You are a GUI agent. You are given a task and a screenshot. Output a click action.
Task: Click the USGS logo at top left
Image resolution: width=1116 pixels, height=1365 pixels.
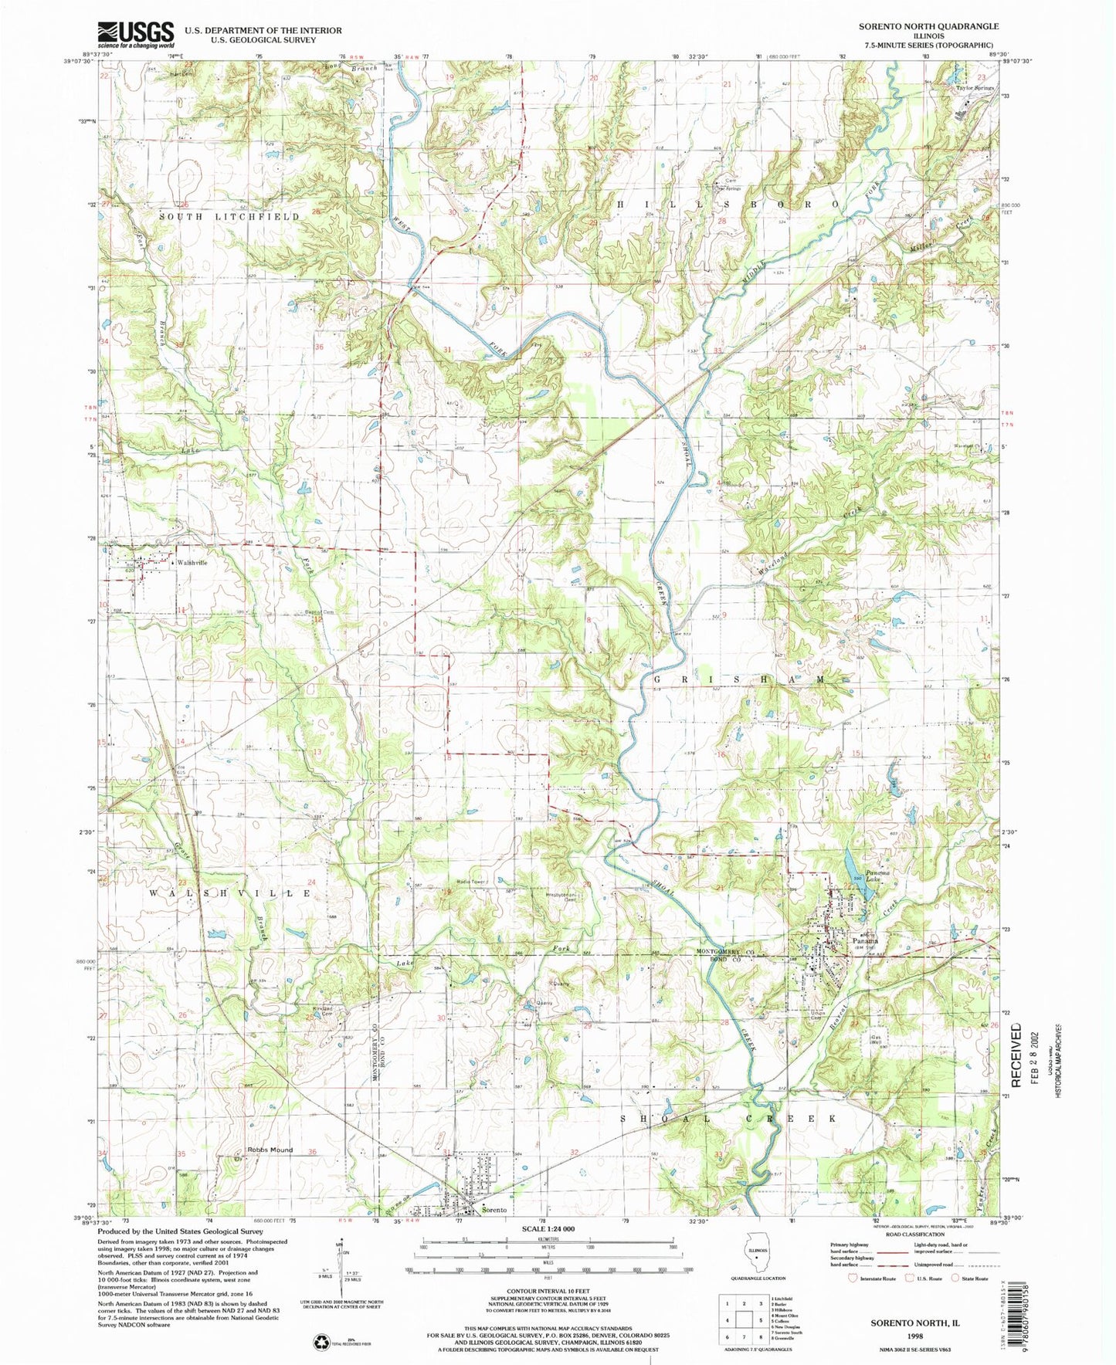click(136, 35)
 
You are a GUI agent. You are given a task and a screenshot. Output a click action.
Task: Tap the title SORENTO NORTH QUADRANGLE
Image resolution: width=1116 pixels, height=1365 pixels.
click(928, 26)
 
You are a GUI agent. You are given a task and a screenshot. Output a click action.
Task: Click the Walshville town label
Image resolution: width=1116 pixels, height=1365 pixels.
click(192, 563)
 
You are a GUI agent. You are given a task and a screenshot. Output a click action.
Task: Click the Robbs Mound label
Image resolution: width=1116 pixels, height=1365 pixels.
click(270, 1150)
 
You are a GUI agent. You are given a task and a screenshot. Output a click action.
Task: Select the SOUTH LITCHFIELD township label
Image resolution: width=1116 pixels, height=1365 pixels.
click(229, 217)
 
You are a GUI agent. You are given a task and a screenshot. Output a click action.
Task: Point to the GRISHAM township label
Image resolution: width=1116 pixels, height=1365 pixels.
click(739, 679)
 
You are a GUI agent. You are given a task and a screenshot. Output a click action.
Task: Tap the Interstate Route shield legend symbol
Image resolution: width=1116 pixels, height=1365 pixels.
click(853, 1279)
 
